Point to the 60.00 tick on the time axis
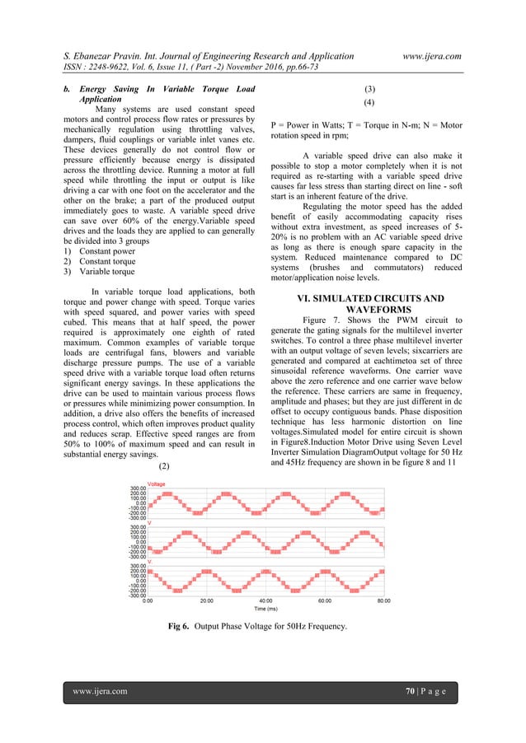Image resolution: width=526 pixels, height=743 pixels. (x=324, y=601)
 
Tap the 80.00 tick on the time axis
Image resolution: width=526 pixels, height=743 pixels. (x=383, y=601)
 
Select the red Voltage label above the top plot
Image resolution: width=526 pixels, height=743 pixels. (x=156, y=484)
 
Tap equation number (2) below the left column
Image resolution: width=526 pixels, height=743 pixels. (x=164, y=466)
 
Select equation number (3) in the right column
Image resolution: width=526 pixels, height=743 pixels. (x=370, y=89)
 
